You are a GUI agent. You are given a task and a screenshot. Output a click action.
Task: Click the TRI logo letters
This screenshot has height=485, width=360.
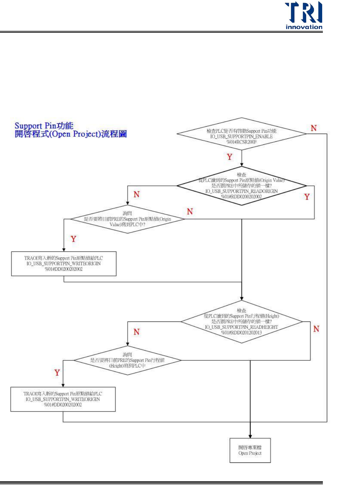pos(303,12)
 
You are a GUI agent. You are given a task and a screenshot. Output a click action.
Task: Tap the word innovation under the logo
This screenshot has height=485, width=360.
pos(304,27)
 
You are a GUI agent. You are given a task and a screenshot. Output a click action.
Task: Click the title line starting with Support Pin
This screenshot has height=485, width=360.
pos(44,126)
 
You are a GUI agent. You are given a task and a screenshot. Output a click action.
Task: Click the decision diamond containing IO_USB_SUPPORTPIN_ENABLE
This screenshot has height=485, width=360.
pos(241,134)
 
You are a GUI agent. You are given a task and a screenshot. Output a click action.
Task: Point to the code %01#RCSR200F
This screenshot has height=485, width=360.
pos(241,142)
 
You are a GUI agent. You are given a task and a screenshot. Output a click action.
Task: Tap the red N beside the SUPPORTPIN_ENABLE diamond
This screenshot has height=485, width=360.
pos(313,128)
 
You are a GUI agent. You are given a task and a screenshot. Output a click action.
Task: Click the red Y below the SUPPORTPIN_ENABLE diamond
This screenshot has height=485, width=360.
pos(230,157)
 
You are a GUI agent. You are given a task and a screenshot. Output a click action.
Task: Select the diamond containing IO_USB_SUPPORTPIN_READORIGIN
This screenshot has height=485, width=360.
pos(241,186)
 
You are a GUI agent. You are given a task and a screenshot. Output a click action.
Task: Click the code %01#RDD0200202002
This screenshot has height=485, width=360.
pos(241,197)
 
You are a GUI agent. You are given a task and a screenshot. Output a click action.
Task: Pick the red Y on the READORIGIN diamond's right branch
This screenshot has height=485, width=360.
pos(307,197)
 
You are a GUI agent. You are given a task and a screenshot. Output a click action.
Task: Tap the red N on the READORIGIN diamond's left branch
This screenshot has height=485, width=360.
pos(137,194)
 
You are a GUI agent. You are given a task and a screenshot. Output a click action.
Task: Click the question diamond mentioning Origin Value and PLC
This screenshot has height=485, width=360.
pos(127,219)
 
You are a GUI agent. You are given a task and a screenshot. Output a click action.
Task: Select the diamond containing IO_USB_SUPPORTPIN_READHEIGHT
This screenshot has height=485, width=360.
pos(241,322)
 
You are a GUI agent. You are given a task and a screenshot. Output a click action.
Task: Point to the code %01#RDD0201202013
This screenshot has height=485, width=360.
pos(241,333)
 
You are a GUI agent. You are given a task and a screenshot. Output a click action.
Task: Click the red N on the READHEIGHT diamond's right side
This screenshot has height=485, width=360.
pos(316,329)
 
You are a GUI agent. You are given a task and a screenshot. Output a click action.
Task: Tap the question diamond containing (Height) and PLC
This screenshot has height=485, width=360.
pos(127,360)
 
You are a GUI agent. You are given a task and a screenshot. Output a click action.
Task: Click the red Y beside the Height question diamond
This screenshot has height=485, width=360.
pos(57,373)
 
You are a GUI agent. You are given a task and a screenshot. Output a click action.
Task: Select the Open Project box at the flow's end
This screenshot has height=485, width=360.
pos(250,450)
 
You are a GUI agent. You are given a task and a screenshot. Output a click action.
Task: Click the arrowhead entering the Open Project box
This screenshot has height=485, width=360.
pos(250,436)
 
